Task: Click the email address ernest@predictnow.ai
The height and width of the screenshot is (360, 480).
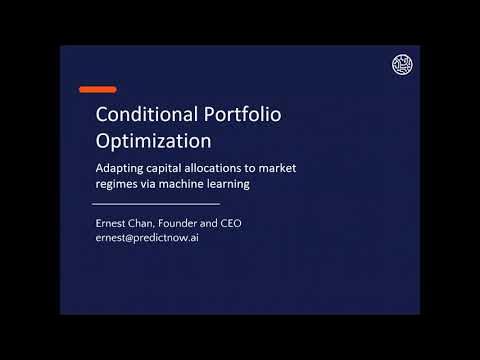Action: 146,239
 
